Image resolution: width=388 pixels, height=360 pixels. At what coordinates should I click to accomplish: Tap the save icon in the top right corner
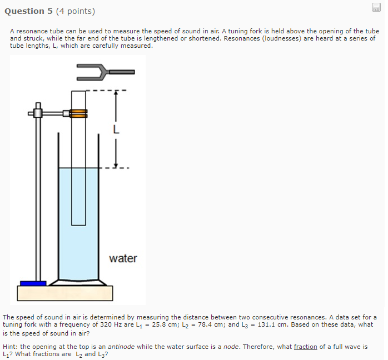(x=375, y=7)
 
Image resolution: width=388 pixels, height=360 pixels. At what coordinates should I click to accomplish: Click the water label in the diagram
(x=123, y=258)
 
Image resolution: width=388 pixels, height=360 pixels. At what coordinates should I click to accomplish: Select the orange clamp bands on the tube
(x=79, y=113)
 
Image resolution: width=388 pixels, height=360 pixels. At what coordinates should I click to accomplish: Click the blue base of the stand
(x=33, y=283)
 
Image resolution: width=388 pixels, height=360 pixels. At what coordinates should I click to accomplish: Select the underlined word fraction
(x=305, y=346)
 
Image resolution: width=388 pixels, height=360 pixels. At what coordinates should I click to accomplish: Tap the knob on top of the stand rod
(x=38, y=105)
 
